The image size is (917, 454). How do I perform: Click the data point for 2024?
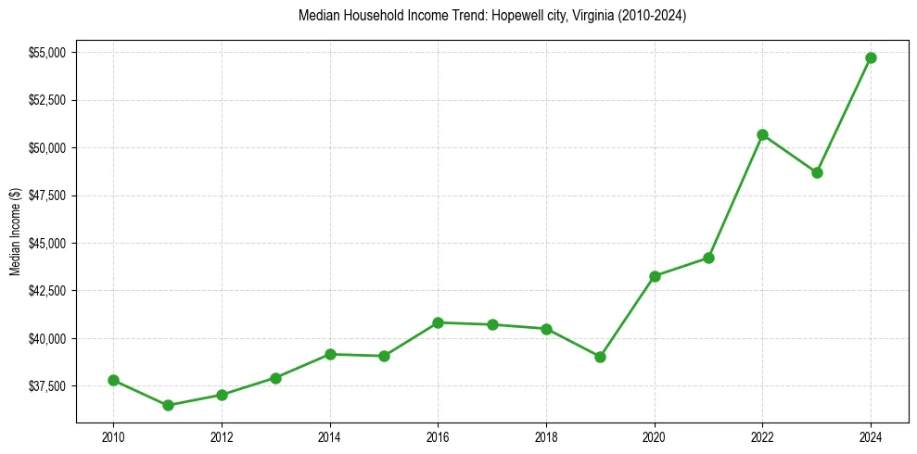871,57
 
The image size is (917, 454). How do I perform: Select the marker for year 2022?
762,134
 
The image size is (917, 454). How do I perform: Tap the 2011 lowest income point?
168,405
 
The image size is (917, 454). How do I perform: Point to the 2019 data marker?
600,357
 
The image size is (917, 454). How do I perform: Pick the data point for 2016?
438,322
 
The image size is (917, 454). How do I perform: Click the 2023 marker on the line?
817,172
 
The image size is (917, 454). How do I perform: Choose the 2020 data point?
655,276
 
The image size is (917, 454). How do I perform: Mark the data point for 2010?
113,380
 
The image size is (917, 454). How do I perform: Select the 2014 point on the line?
330,354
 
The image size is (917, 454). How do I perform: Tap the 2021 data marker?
708,258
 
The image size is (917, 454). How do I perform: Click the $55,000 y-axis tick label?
47,53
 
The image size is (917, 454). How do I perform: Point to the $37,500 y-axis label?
47,386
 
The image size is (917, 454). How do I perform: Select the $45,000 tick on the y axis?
47,244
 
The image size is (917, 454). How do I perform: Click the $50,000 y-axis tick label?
47,148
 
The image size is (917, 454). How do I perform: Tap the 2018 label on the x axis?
546,436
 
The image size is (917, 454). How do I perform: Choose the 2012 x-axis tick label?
222,436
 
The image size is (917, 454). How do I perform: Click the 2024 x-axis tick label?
871,436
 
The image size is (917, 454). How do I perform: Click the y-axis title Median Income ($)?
15,232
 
